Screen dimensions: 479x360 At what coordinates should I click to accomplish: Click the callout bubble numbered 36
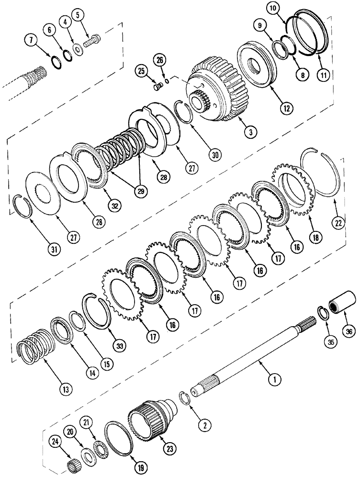pyautogui.click(x=348, y=331)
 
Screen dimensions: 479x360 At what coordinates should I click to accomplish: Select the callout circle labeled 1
pyautogui.click(x=273, y=380)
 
